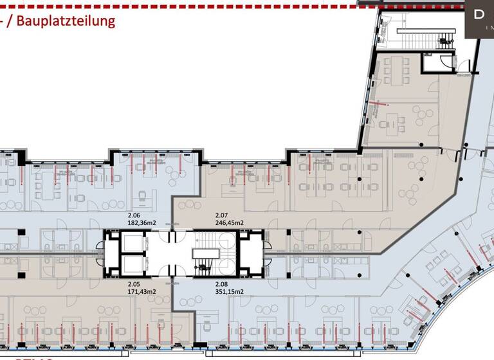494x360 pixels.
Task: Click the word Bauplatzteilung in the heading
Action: click(66, 21)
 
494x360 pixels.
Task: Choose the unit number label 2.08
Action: click(221, 282)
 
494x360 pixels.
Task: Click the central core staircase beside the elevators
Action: click(205, 253)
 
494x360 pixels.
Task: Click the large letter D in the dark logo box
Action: click(479, 15)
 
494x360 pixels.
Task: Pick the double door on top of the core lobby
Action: click(172, 237)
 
